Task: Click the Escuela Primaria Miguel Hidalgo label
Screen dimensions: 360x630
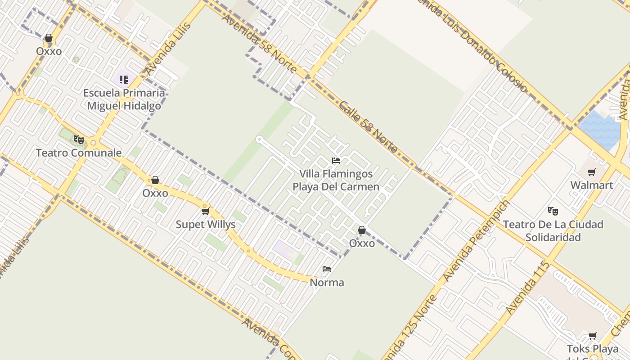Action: [x=124, y=99]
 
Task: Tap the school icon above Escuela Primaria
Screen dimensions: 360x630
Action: [x=124, y=80]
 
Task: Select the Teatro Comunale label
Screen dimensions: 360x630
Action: [x=79, y=153]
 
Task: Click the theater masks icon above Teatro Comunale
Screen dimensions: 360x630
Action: [x=79, y=139]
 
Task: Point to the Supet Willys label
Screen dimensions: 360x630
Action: [x=206, y=224]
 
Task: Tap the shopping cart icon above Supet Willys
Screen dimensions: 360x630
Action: [x=206, y=211]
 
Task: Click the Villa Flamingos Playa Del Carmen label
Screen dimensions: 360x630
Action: [x=336, y=180]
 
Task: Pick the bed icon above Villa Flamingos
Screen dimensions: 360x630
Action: [x=336, y=161]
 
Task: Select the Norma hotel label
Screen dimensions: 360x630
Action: [x=327, y=283]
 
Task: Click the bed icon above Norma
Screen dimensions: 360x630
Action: [x=327, y=270]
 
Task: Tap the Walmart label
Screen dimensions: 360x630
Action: [x=592, y=185]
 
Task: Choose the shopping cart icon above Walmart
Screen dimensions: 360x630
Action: [x=592, y=172]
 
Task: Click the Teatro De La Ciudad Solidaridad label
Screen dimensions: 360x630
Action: [x=553, y=230]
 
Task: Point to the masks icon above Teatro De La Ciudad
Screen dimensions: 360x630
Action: [x=553, y=211]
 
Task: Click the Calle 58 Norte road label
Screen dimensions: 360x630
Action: [x=369, y=127]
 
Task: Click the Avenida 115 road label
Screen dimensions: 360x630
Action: [x=527, y=288]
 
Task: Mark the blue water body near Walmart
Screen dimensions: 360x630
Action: [x=601, y=130]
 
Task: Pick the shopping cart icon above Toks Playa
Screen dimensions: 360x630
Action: [x=593, y=336]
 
